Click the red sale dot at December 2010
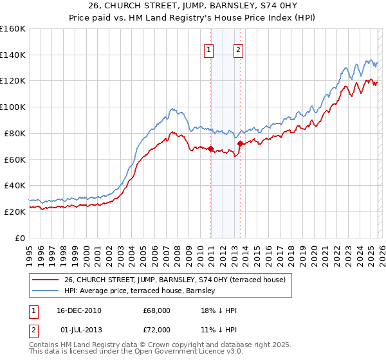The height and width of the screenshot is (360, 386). tap(210, 148)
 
